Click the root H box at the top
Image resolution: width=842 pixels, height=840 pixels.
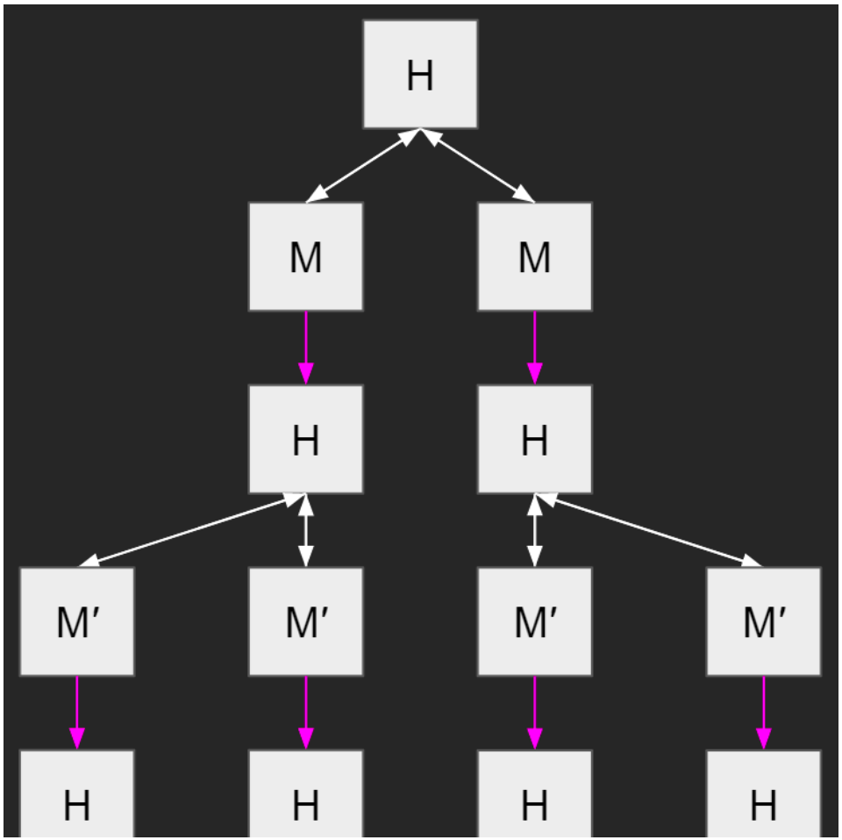420,75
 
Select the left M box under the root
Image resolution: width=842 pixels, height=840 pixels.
305,256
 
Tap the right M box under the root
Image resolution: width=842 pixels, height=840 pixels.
534,256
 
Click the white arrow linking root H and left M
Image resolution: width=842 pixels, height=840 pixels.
363,165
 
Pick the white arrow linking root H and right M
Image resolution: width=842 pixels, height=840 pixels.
477,165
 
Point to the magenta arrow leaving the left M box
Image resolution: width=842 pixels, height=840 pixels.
305,347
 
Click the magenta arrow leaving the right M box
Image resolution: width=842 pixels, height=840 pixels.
534,347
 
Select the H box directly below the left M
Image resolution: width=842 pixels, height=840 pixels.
305,439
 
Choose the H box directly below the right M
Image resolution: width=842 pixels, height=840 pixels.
534,439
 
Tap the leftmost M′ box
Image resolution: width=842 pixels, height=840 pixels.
77,621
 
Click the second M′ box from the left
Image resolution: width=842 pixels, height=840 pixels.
305,621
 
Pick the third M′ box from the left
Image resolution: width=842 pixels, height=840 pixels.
534,621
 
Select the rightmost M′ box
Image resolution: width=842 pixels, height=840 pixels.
763,621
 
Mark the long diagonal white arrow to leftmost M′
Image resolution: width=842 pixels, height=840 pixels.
191,530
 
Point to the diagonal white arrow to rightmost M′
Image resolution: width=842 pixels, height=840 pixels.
649,530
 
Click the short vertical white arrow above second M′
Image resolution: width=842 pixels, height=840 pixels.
305,530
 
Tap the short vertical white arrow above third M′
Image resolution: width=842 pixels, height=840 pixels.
534,530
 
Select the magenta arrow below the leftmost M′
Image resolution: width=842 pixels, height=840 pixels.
77,712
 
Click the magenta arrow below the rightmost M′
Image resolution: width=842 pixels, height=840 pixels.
763,712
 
